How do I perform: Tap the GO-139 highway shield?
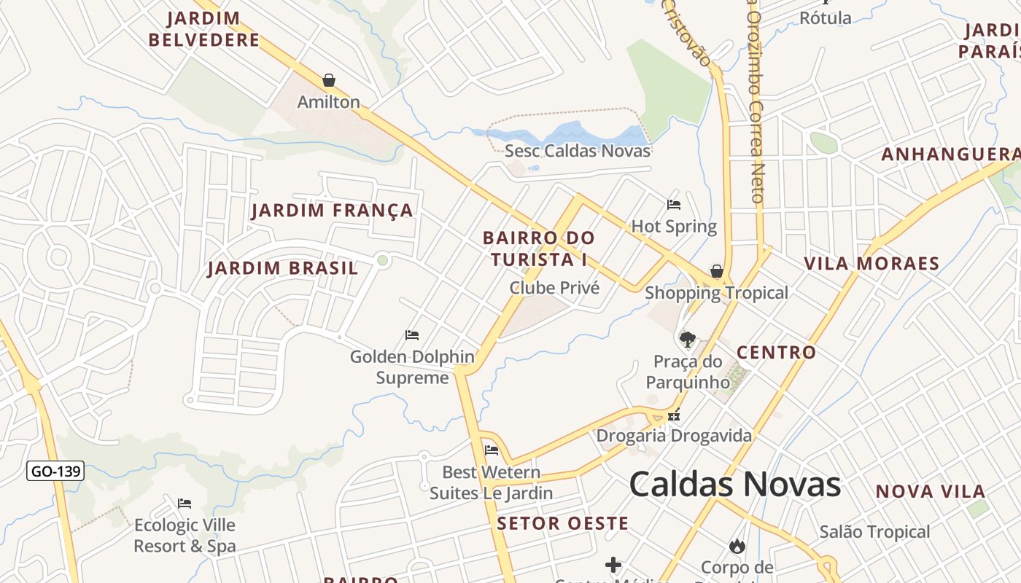[x=55, y=471]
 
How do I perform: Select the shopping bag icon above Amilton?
[x=329, y=80]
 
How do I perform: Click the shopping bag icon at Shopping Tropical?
[x=717, y=272]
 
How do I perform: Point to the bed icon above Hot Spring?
[x=674, y=205]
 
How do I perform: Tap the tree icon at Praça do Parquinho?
[x=687, y=339]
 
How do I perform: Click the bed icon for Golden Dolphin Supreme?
[x=412, y=335]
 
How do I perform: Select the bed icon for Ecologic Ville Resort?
[x=185, y=503]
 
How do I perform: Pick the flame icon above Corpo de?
[x=737, y=545]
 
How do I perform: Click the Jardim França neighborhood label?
[x=332, y=211]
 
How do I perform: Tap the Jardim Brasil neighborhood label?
[x=283, y=268]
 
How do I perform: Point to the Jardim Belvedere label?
[x=204, y=29]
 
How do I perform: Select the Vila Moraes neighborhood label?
[x=871, y=263]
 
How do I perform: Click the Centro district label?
[x=776, y=353]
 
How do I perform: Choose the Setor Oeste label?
[x=562, y=523]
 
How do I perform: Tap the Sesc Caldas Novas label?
[x=578, y=152]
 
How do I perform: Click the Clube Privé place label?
[x=554, y=288]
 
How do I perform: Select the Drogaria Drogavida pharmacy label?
[x=674, y=436]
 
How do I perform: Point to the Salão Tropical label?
[x=874, y=532]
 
